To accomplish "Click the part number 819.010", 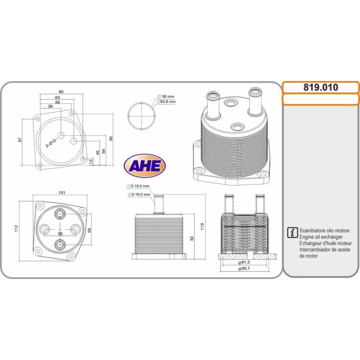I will pyautogui.click(x=321, y=87).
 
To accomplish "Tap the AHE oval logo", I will pyautogui.click(x=144, y=165).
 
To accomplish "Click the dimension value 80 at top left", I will pyautogui.click(x=61, y=92).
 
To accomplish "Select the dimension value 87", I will pyautogui.click(x=20, y=139).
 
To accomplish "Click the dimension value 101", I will pyautogui.click(x=62, y=192).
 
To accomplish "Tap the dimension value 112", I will pyautogui.click(x=16, y=228).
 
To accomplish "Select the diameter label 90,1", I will pyautogui.click(x=245, y=269).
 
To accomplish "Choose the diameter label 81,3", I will pyautogui.click(x=245, y=262).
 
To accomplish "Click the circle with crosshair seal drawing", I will pyautogui.click(x=141, y=116).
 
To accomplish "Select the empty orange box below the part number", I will pyautogui.click(x=321, y=99).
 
